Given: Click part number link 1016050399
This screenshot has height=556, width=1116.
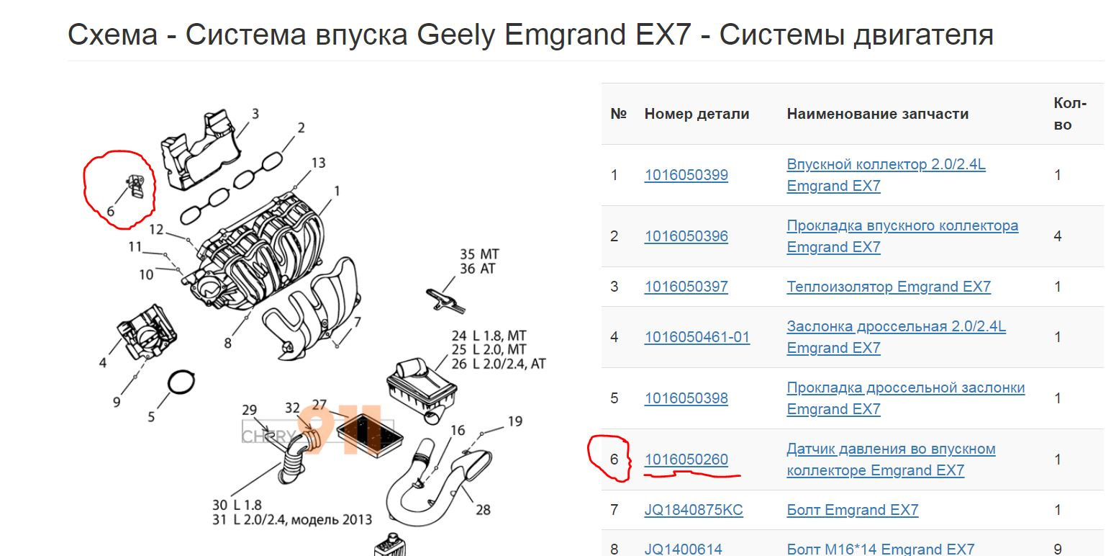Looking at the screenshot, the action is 686,175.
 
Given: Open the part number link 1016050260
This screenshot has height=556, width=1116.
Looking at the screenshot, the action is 686,459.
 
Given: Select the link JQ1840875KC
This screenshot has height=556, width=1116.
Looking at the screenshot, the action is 694,510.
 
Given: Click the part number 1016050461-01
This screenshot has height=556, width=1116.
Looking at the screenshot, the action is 697,337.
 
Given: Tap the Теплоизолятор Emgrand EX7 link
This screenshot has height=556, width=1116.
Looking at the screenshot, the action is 889,287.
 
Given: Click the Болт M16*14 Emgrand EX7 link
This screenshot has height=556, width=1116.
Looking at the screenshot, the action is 880,549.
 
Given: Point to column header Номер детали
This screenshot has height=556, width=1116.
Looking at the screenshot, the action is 697,114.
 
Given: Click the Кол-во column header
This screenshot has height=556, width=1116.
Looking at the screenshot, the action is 1070,114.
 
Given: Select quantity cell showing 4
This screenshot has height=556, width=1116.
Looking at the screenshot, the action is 1058,236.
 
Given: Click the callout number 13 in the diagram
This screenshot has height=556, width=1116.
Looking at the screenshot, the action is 318,163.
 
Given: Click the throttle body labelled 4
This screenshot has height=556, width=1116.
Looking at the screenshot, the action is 147,332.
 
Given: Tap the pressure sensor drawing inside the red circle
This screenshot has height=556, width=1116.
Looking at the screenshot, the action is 135,187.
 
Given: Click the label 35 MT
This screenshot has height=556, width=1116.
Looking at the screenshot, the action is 478,254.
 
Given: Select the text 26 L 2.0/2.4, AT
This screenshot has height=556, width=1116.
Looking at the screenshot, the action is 499,364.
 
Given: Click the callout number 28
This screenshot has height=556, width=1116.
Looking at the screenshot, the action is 483,510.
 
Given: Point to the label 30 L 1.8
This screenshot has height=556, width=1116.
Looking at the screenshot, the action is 237,505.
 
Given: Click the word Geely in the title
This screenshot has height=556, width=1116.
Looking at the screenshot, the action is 456,35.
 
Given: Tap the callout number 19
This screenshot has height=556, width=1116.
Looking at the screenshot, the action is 515,421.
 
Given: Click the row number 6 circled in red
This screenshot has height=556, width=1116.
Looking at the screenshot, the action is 614,459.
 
